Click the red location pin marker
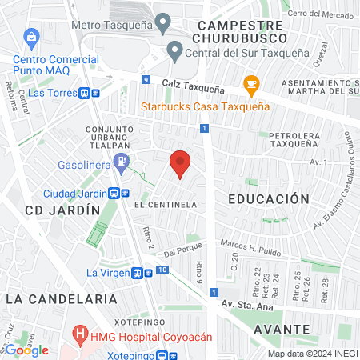181,163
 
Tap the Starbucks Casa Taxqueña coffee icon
251,84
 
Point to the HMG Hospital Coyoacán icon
80,332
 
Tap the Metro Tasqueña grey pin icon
164,24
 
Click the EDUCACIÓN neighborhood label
268,198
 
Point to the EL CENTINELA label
166,205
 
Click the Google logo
27,350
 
